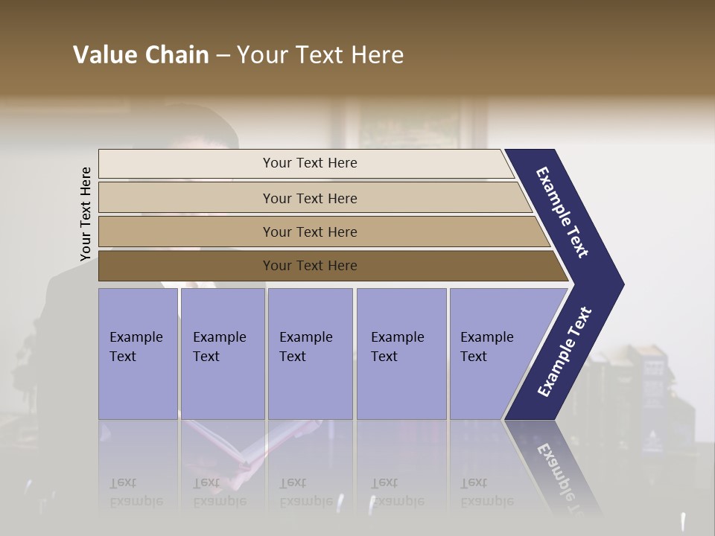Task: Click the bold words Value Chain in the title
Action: [x=141, y=55]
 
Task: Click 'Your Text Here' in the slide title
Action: [x=320, y=55]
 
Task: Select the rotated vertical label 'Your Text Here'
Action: [x=86, y=214]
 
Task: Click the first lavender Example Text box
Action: [x=138, y=354]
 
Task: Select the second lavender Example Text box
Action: [x=222, y=354]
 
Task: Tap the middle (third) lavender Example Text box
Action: [x=310, y=354]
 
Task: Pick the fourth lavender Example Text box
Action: [x=401, y=354]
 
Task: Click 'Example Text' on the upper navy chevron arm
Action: [x=562, y=212]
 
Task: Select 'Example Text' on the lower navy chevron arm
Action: [x=565, y=352]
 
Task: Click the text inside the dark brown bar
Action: [x=310, y=266]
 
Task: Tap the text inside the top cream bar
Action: [x=310, y=163]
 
